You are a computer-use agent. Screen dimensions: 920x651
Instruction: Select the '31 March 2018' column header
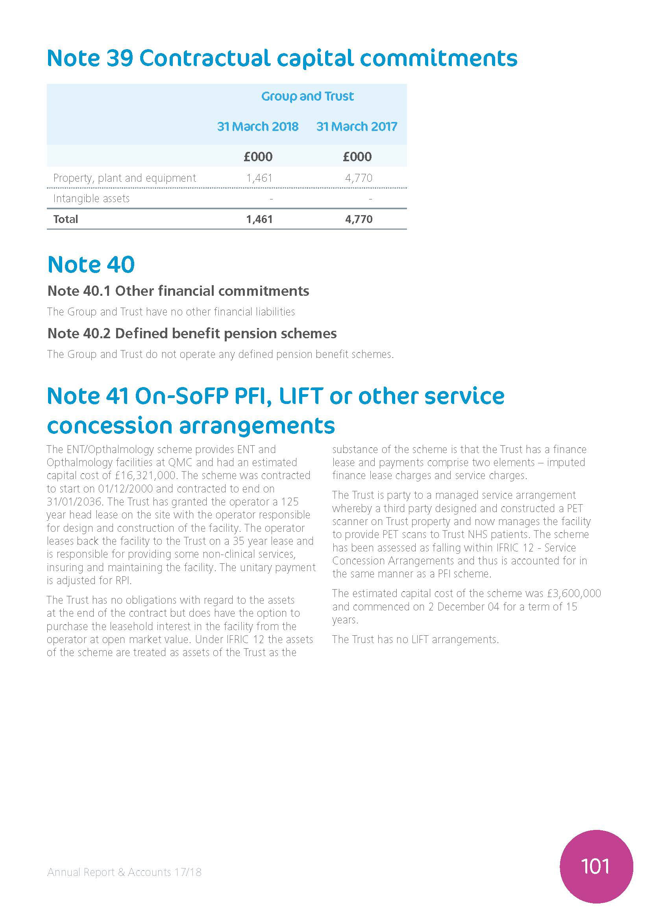coord(258,127)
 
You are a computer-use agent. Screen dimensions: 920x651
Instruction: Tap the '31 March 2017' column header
coord(356,127)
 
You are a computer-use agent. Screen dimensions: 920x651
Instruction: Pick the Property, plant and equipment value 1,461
coord(259,178)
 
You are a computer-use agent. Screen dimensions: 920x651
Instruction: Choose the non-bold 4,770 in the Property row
coord(359,178)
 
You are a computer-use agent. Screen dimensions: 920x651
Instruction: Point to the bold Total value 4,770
coord(359,219)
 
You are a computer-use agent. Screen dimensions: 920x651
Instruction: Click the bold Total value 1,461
coord(259,219)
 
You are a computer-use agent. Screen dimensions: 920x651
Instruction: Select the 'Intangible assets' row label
coord(91,199)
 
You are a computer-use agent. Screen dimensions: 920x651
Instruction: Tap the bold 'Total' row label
coord(66,219)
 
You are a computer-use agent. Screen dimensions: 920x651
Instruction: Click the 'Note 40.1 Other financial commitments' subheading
coord(178,291)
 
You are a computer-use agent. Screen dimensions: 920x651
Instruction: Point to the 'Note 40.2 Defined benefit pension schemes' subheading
coord(192,334)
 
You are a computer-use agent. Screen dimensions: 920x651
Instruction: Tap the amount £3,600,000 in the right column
coord(574,594)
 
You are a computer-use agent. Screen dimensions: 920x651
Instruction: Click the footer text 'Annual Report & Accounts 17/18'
coord(124,872)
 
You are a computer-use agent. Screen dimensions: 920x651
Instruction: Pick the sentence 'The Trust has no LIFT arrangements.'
coord(415,640)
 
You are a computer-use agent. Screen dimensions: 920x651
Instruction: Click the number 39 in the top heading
coord(120,58)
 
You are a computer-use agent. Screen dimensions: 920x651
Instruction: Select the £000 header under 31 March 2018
coord(258,157)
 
